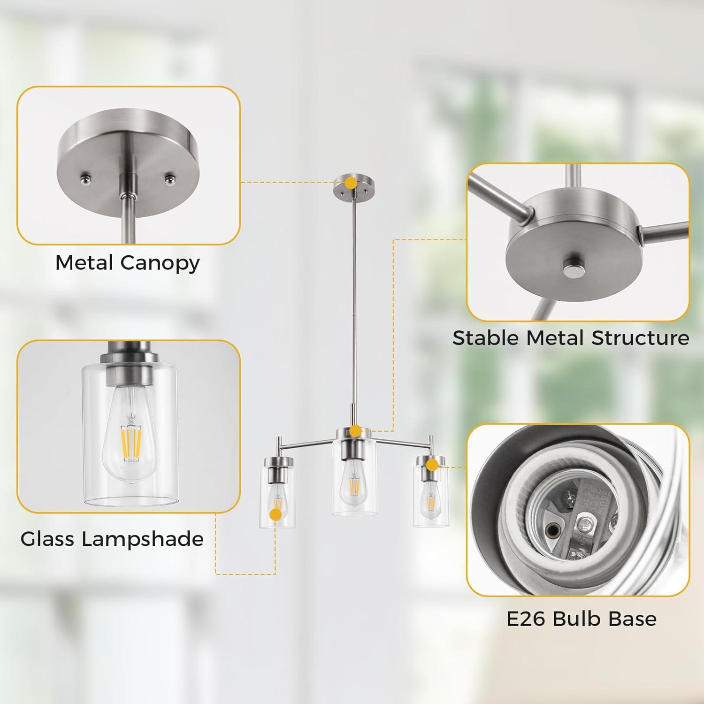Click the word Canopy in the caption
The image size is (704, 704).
click(160, 264)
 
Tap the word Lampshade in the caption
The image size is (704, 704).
click(143, 539)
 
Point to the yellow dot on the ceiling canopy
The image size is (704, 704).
click(350, 183)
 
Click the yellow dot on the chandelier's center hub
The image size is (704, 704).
click(356, 430)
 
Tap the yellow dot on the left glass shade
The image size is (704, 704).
click(275, 514)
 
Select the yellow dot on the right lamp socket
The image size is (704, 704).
click(432, 465)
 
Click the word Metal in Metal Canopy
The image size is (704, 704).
click(85, 263)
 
